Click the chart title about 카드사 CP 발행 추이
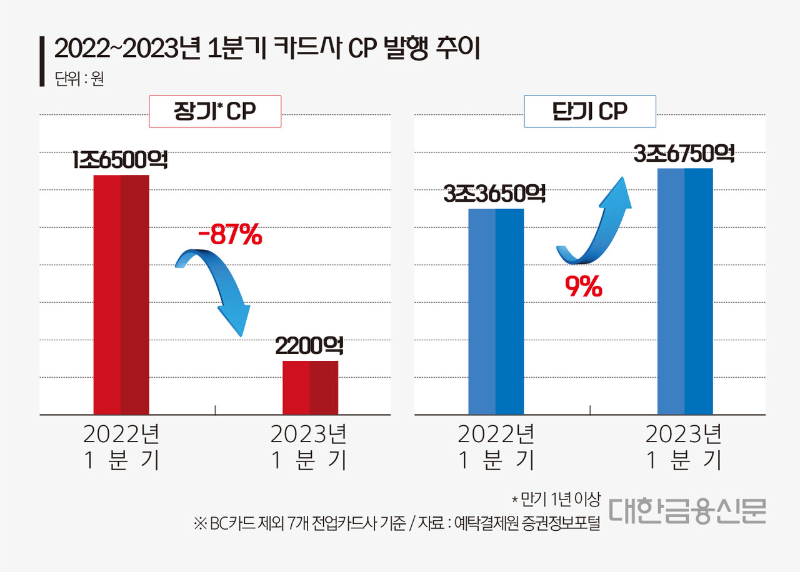266,49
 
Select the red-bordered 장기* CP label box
215,111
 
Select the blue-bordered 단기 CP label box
590,111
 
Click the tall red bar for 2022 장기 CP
121,293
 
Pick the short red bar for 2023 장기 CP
310,387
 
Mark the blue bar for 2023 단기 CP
685,291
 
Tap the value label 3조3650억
494,194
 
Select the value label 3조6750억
684,154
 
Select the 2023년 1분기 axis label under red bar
309,447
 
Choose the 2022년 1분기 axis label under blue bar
496,447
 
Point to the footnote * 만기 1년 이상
555,499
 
